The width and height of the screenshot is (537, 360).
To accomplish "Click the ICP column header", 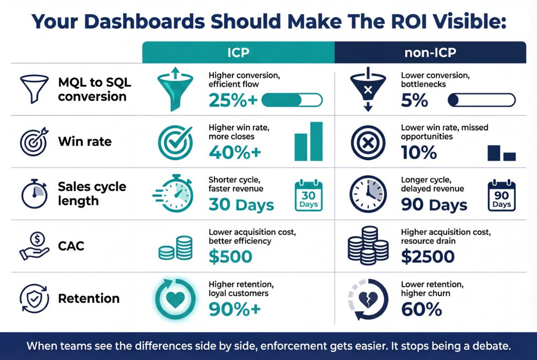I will click(x=239, y=53).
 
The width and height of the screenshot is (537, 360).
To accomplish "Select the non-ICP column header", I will click(x=430, y=53).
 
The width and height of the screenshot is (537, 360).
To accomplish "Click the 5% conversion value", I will click(x=414, y=100).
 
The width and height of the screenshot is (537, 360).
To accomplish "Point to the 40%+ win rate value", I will click(x=234, y=152).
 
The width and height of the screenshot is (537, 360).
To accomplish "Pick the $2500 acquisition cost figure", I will click(x=427, y=257).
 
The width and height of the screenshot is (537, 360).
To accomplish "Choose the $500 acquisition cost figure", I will click(x=230, y=257).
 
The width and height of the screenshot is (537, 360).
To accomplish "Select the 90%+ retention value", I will click(x=234, y=310).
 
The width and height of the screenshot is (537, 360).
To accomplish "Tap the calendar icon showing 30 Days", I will click(x=308, y=195).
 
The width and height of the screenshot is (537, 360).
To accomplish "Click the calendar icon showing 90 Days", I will click(x=501, y=195).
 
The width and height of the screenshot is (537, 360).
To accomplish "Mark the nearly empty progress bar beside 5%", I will click(x=481, y=100).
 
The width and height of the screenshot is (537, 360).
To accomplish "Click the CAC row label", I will click(x=71, y=246).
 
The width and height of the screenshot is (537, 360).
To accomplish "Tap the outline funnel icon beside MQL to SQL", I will click(x=31, y=89).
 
